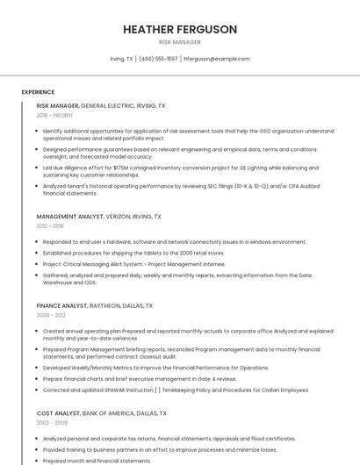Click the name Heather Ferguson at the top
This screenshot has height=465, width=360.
tap(180, 29)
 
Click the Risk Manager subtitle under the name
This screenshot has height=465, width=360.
tap(180, 42)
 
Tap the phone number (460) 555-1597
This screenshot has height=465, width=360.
tap(158, 59)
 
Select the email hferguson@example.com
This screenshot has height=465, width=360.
tap(216, 59)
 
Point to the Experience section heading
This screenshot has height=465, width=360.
tap(38, 92)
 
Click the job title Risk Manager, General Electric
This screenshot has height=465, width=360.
tap(101, 105)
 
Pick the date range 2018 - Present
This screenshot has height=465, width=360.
tap(55, 115)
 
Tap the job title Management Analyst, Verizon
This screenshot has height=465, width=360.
tap(98, 216)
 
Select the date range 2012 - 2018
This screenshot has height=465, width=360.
tap(50, 225)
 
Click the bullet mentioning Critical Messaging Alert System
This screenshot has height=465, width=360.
tap(133, 263)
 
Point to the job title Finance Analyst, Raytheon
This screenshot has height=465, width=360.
tap(95, 306)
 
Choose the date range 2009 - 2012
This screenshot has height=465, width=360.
tap(51, 316)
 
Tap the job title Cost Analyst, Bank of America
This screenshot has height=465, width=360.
tap(102, 412)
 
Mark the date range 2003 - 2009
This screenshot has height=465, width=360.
tap(51, 422)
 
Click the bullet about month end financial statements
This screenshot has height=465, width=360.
tap(97, 461)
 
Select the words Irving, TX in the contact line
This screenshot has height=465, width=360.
tap(122, 59)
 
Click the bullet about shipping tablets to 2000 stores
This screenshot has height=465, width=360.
tap(133, 253)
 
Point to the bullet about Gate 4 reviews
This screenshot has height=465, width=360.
tap(140, 378)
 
